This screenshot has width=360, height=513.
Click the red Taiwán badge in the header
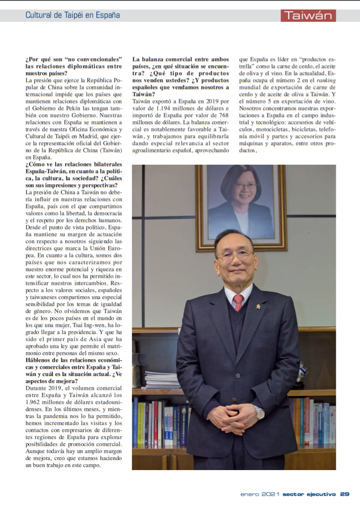308,16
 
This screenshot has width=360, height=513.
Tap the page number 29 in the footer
345,494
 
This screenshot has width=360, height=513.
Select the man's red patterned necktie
238,302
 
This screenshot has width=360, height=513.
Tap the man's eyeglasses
235,254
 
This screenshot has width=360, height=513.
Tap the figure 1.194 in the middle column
166,108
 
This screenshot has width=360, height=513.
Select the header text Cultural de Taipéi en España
73,15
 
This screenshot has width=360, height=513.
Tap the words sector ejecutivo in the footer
309,494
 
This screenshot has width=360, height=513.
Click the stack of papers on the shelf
162,379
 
